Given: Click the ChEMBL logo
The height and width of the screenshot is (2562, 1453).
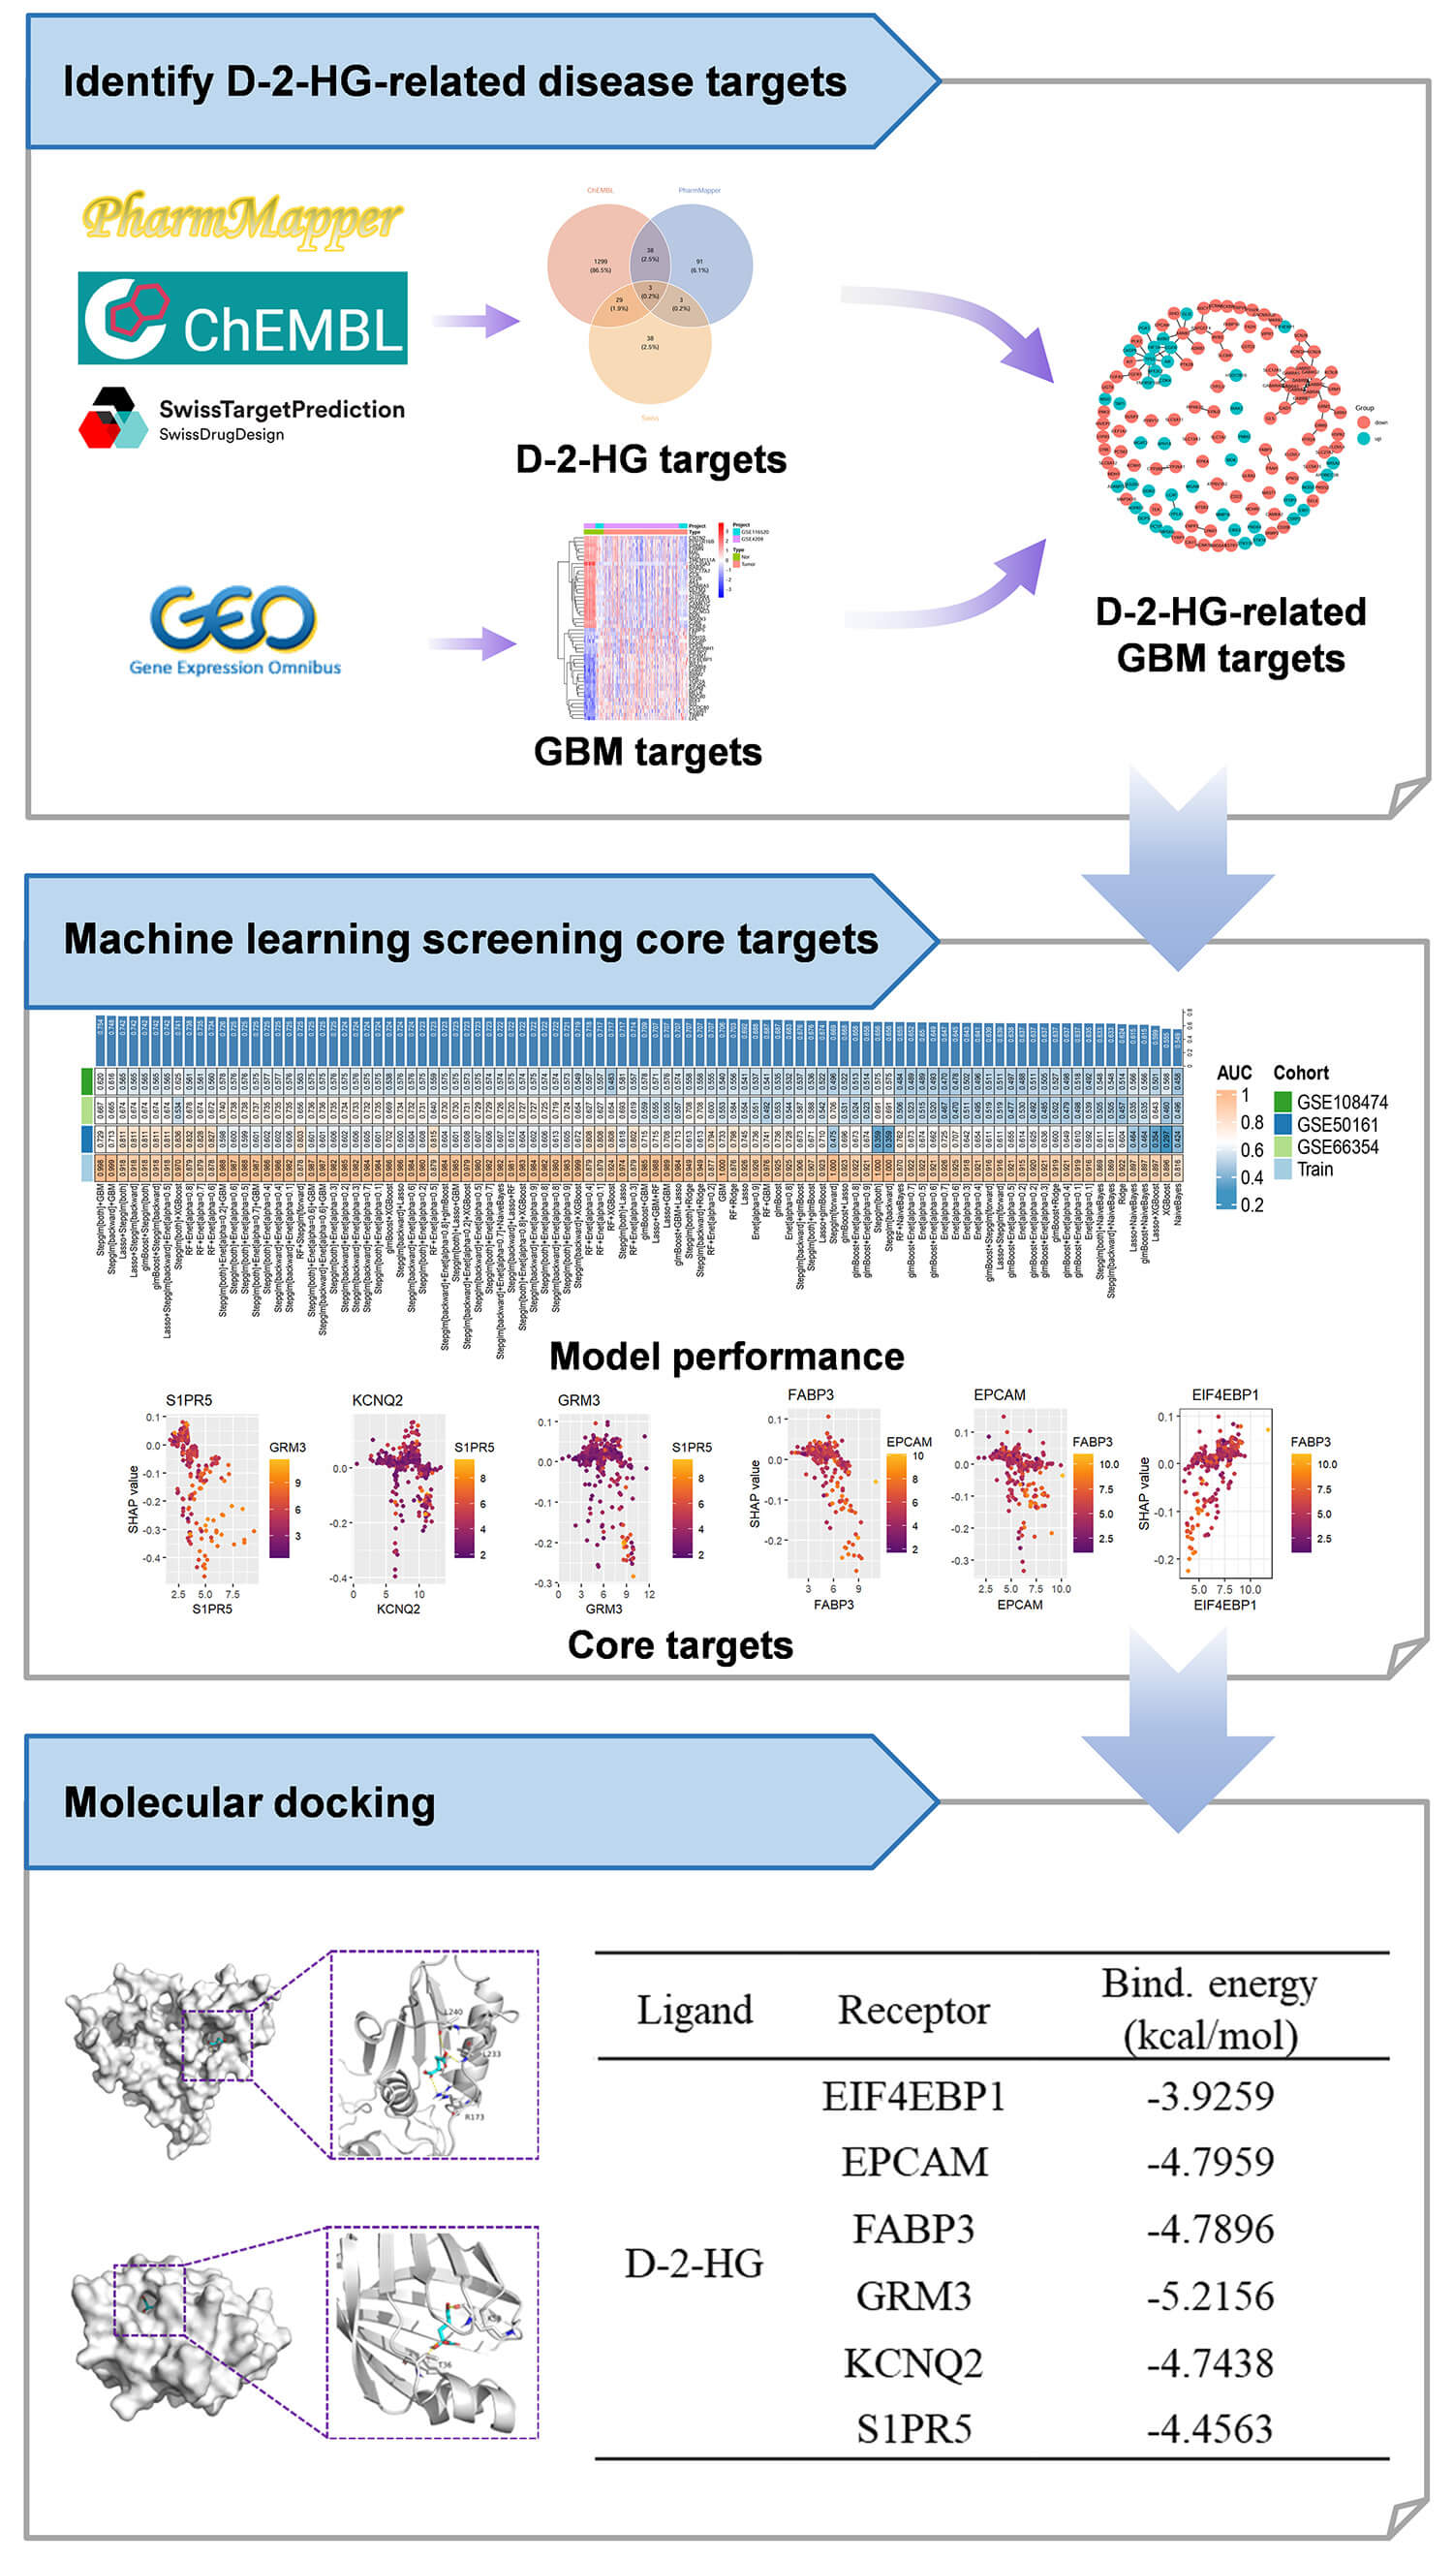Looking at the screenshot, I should click(x=242, y=318).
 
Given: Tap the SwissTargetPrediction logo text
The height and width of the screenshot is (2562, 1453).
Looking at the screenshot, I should click(x=282, y=410).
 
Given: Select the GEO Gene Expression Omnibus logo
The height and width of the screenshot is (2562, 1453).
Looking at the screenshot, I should click(x=234, y=629).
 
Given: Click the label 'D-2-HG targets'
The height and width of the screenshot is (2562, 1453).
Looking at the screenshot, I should click(x=651, y=460).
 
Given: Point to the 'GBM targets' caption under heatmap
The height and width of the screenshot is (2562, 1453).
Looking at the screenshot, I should click(x=648, y=752).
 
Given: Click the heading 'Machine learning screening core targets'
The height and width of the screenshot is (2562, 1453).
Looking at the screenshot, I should click(x=471, y=939).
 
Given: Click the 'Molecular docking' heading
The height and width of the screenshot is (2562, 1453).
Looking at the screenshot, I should click(x=250, y=1802).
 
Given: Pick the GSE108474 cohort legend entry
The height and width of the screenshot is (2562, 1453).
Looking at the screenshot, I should click(x=1342, y=1102).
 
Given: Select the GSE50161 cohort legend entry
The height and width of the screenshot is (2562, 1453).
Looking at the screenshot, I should click(x=1336, y=1125).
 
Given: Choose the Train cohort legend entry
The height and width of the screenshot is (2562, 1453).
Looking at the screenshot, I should click(x=1314, y=1169).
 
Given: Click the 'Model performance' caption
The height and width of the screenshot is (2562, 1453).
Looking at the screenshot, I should click(x=726, y=1357).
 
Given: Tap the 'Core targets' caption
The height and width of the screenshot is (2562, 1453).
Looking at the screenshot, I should click(x=681, y=1644).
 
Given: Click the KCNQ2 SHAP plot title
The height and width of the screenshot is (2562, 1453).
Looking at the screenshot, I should click(x=377, y=1400).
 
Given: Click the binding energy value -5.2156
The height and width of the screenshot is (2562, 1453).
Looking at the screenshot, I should click(x=1210, y=2296).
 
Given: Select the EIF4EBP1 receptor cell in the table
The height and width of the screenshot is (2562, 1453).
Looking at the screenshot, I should click(x=913, y=2097).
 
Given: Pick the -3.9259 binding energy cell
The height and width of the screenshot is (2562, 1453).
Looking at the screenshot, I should click(x=1210, y=2097).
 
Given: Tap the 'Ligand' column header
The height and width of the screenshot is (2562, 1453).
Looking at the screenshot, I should click(x=695, y=2010).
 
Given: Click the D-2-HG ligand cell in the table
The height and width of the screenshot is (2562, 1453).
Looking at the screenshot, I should click(x=695, y=2264).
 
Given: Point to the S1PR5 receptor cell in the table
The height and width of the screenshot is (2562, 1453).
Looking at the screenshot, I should click(x=913, y=2429).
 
